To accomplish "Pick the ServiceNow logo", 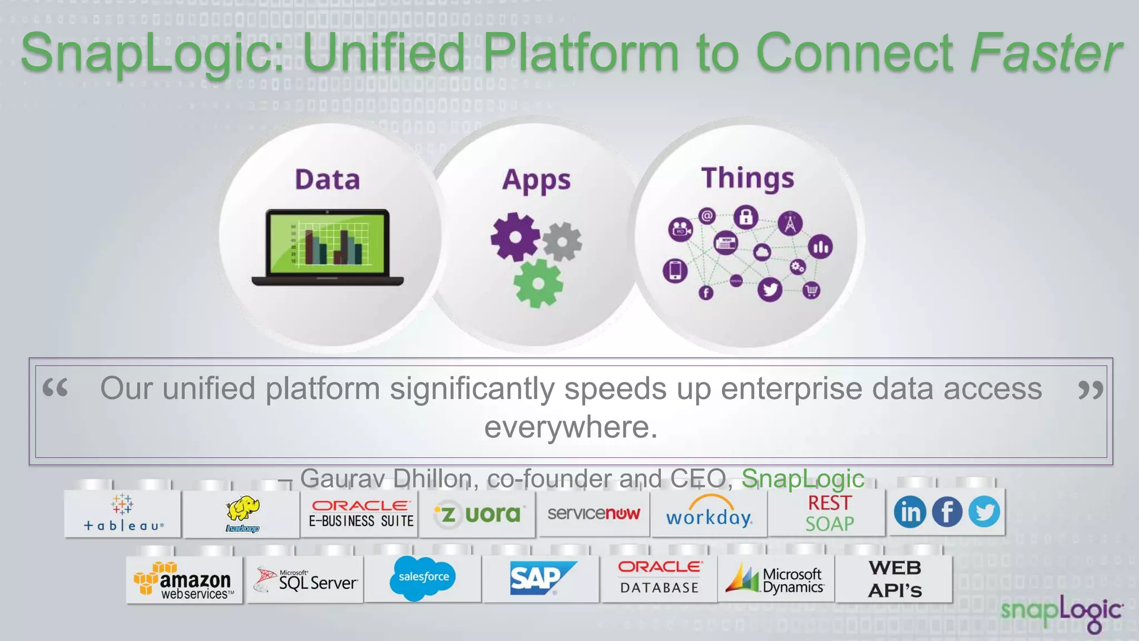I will (x=593, y=513).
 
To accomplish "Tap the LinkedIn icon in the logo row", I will (x=910, y=512).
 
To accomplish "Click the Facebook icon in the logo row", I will (x=947, y=512).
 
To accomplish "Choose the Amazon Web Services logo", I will (x=184, y=581).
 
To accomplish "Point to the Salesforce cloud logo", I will (x=423, y=578).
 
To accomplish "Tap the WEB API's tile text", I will (x=895, y=579).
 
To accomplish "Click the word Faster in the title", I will (x=1046, y=53).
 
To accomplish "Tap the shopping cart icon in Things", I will (x=811, y=290).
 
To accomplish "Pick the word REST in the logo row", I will (x=829, y=503).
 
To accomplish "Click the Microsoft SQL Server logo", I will (x=305, y=580).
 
